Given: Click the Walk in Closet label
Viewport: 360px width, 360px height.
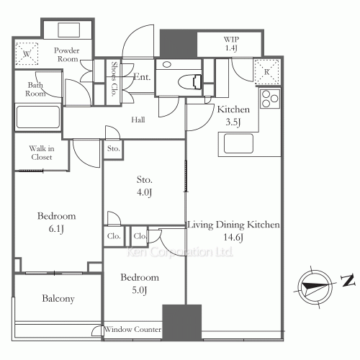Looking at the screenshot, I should [x=42, y=153].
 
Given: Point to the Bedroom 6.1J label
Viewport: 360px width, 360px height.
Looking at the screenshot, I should [x=56, y=222].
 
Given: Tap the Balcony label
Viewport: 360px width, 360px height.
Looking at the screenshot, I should [x=58, y=298].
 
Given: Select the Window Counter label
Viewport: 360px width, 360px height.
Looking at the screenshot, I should [x=132, y=330].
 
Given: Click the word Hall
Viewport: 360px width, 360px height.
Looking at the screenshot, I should [x=139, y=121].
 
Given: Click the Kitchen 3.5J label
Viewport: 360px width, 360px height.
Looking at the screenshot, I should [x=233, y=115].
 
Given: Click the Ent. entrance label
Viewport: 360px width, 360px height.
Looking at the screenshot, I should [x=141, y=77].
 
